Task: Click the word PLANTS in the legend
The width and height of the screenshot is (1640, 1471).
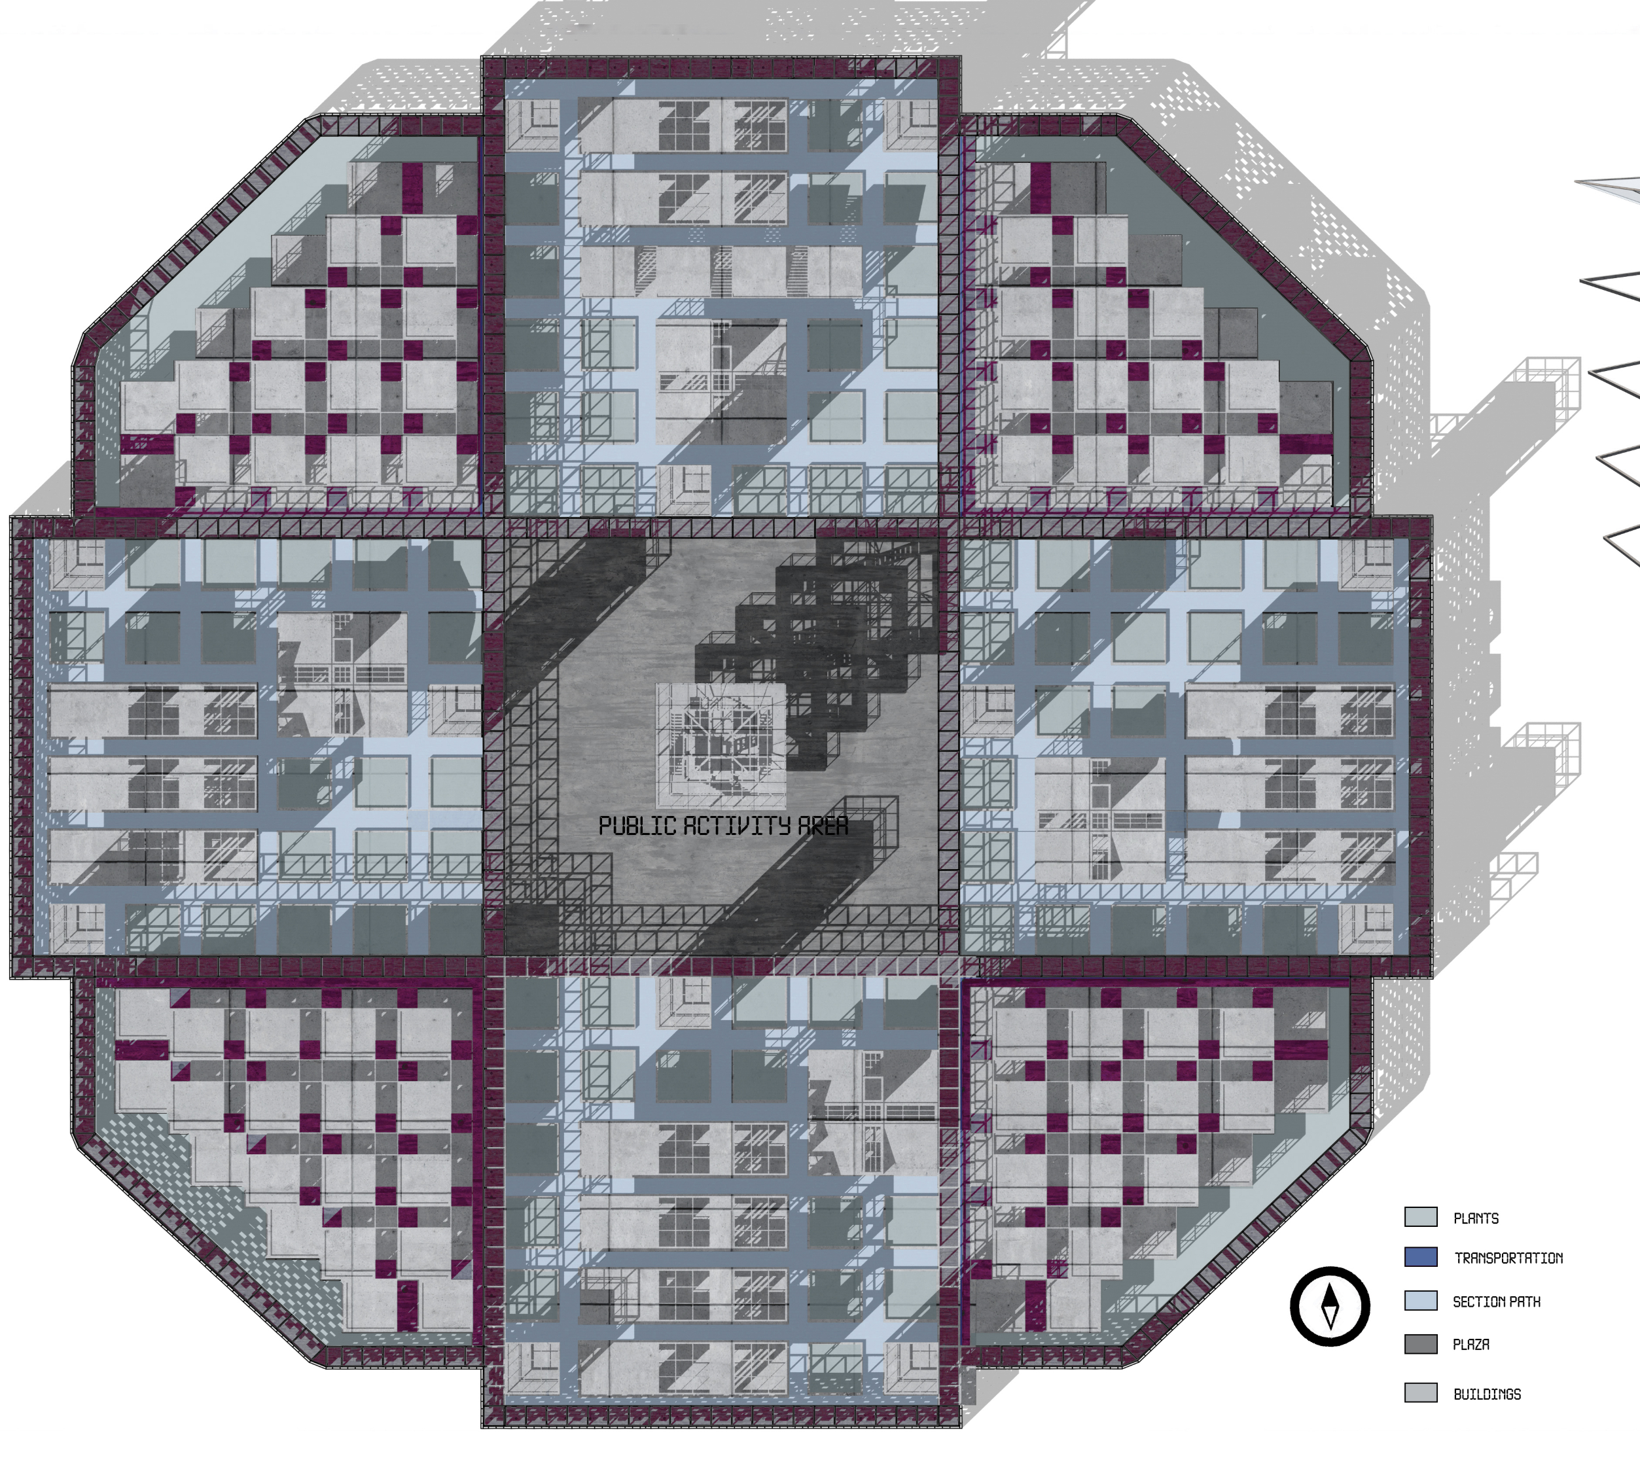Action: tap(1476, 1218)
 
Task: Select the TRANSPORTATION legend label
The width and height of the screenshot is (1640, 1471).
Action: tap(1508, 1258)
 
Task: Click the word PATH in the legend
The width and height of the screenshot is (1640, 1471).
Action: tap(1524, 1302)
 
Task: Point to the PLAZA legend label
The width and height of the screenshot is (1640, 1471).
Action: tap(1471, 1344)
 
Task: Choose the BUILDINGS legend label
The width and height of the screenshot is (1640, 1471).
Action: tap(1488, 1394)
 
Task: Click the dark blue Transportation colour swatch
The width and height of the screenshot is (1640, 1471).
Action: tap(1421, 1257)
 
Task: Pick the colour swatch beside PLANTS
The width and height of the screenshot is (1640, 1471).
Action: tap(1421, 1217)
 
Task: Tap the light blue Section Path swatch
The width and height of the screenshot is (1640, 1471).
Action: tap(1421, 1300)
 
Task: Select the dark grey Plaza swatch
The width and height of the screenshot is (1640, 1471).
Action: tap(1421, 1344)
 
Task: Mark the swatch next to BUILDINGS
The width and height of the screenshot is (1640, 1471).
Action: tap(1421, 1392)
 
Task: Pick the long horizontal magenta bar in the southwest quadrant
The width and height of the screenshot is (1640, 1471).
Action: tap(142, 1050)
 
